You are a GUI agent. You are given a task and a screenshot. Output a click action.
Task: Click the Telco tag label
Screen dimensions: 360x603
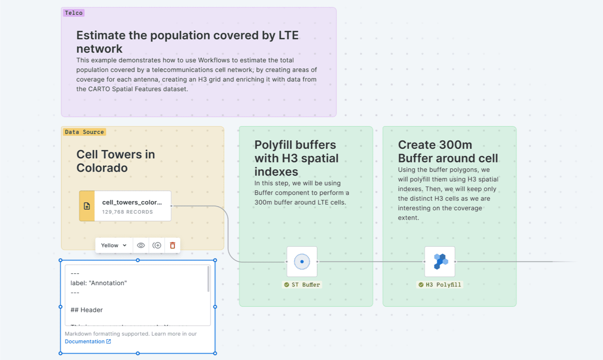(x=74, y=13)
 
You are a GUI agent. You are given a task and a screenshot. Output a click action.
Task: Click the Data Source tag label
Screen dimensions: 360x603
(x=84, y=132)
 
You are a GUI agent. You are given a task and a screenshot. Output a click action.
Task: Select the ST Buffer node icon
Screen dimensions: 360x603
(x=302, y=262)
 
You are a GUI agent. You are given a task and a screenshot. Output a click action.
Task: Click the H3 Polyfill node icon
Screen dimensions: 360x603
(x=440, y=262)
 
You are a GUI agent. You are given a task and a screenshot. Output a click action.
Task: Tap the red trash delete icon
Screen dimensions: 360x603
(x=172, y=245)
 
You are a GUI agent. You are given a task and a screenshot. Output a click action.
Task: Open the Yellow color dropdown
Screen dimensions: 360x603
(x=114, y=245)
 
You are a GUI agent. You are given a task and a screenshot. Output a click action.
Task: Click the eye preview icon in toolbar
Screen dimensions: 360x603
(x=141, y=245)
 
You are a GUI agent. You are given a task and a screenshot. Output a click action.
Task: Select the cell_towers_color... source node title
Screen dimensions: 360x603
(x=132, y=202)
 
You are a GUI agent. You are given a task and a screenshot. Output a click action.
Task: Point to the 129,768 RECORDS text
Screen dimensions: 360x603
(x=127, y=212)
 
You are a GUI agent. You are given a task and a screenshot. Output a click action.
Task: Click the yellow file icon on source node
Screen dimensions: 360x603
(x=87, y=206)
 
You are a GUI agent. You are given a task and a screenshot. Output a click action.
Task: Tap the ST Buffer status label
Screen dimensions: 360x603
(x=302, y=285)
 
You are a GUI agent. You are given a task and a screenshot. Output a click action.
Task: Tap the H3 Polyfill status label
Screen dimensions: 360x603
(x=440, y=285)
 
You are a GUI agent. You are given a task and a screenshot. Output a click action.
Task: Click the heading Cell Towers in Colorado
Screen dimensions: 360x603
(x=116, y=161)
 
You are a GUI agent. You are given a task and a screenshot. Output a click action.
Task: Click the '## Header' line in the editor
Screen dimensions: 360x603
(x=87, y=310)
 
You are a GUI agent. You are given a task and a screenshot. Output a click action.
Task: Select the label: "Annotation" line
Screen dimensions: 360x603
(x=99, y=283)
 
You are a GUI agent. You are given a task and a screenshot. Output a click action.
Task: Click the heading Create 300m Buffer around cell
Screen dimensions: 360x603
(x=448, y=151)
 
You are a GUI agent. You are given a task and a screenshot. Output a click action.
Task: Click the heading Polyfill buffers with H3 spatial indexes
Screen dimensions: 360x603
(x=296, y=158)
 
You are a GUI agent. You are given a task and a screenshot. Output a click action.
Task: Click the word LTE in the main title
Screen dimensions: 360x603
(x=288, y=35)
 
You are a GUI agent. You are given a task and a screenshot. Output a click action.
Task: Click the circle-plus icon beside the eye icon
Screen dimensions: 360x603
(x=157, y=245)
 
